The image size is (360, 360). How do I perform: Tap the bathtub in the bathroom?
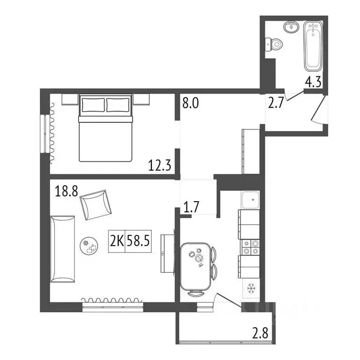click(x=313, y=45)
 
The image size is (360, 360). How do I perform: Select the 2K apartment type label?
click(x=117, y=241)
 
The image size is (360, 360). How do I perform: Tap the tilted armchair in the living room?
click(x=96, y=204)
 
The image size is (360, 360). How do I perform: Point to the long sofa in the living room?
click(x=62, y=249)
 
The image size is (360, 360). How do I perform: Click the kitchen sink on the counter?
click(x=249, y=200)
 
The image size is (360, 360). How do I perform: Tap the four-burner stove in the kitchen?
click(x=249, y=247)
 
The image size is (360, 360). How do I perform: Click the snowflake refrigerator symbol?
click(x=249, y=287)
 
